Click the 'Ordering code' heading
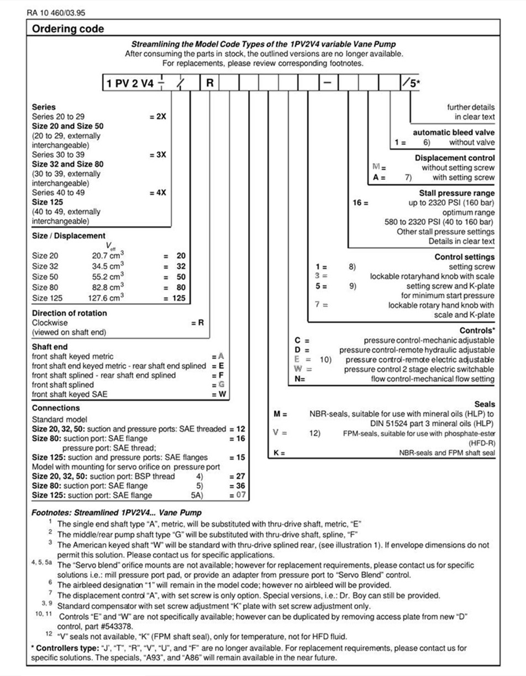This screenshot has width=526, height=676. point(68,29)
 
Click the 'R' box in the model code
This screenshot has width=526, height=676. point(210,84)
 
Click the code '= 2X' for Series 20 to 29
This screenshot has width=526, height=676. point(157,117)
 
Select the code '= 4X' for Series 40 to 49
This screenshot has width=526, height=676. point(157,193)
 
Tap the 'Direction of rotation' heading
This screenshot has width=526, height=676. point(70,313)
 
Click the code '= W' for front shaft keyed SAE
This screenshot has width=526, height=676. point(220,394)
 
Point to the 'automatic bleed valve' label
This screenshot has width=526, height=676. point(454,132)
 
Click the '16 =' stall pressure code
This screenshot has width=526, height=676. point(360,203)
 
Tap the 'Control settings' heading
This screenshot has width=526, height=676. point(465,257)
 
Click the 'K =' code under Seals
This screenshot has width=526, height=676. point(279,454)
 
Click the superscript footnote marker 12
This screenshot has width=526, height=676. point(49,634)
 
